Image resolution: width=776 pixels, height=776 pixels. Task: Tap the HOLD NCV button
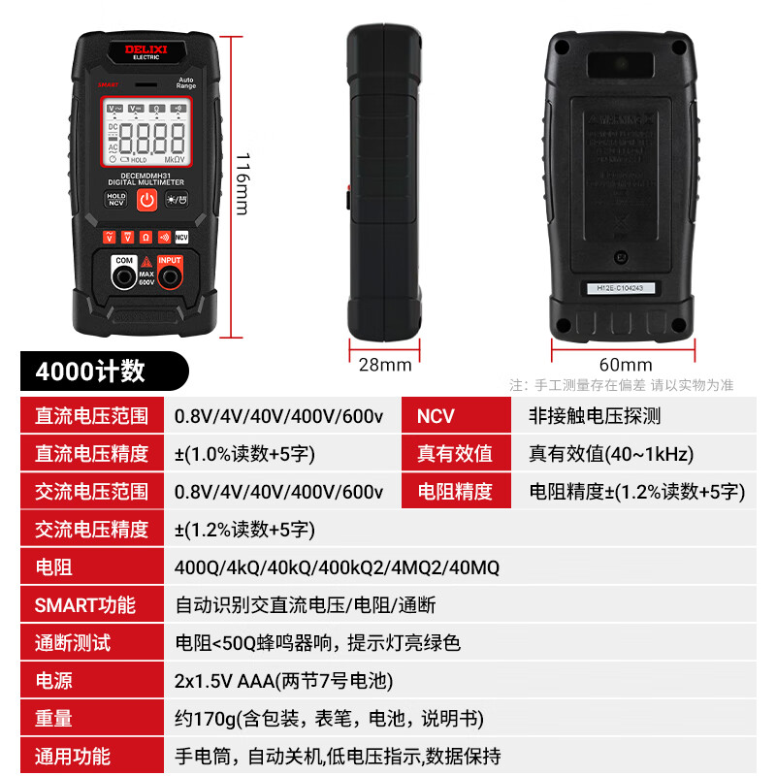point(116,199)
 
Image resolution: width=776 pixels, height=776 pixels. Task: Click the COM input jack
point(124,278)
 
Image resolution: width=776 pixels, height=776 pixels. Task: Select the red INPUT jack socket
point(170,278)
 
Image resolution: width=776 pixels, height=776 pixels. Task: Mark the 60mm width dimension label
point(626,365)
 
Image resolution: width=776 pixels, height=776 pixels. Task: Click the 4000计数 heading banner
point(91,371)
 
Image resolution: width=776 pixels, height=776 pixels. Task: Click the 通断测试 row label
point(73,643)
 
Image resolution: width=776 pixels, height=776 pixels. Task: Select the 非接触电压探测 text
point(595,416)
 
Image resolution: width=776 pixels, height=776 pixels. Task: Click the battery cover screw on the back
point(622,258)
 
